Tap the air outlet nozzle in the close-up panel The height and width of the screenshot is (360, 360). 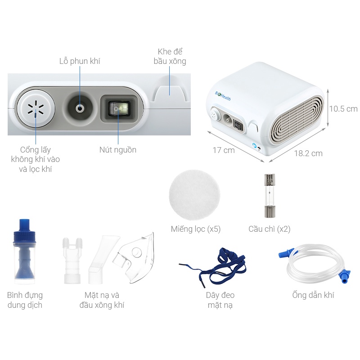80,108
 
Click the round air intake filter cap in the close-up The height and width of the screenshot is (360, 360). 36,108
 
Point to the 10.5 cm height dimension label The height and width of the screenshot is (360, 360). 343,108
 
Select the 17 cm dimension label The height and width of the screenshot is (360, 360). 224,150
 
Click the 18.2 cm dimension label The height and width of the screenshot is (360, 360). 308,153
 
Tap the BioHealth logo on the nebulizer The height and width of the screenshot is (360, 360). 223,96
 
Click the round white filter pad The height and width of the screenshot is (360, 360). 194,195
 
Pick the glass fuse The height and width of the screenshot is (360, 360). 270,196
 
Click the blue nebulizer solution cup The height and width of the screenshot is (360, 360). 24,252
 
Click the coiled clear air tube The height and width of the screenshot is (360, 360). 316,264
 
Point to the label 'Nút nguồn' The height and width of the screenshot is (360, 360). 118,150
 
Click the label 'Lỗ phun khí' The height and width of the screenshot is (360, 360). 80,61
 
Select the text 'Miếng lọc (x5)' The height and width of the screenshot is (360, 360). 196,229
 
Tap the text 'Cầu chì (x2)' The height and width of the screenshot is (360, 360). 269,229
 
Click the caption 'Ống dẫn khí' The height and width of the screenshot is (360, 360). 313,295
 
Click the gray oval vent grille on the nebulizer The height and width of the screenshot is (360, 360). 298,120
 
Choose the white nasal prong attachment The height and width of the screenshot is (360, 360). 72,261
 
